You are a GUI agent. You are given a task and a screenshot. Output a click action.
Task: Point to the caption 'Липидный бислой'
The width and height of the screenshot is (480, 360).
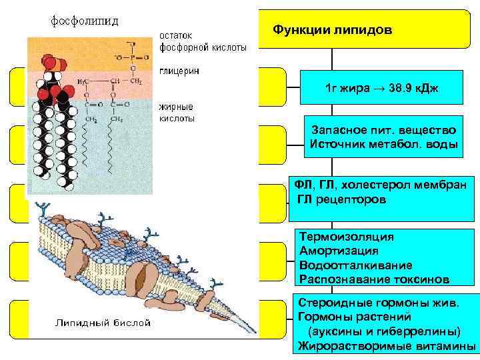click(102, 323)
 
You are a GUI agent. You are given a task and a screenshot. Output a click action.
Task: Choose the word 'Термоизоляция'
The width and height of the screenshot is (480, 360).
click(347, 237)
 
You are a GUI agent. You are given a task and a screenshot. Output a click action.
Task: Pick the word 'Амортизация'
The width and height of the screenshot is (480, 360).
click(339, 251)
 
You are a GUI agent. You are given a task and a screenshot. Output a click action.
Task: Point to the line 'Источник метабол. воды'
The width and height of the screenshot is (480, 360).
click(383, 144)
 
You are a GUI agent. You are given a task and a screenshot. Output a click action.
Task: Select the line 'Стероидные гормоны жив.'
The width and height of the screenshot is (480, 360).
click(379, 303)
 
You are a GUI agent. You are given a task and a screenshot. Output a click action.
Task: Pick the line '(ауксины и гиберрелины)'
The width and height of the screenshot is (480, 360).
click(383, 331)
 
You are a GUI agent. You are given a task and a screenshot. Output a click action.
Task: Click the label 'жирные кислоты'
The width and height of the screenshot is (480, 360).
click(177, 112)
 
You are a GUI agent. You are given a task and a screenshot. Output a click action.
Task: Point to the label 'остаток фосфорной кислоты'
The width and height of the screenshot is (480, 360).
click(203, 42)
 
